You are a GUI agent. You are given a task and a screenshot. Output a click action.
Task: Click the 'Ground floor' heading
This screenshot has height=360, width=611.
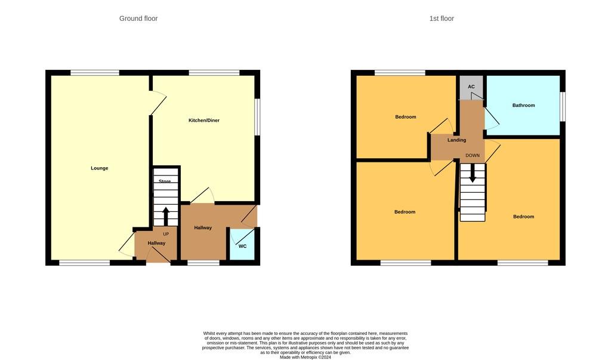[x=138, y=19]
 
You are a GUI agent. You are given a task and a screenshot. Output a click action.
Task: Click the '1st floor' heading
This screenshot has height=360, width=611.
[x=442, y=19]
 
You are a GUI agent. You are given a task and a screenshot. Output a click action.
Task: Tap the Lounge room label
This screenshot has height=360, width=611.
[x=100, y=168]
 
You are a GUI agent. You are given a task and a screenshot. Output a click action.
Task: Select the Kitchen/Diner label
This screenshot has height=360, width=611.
[x=204, y=121]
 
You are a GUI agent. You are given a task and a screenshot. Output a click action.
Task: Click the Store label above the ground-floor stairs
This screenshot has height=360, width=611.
[x=165, y=181]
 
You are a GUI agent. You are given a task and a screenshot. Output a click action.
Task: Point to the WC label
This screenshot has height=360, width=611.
[x=242, y=246]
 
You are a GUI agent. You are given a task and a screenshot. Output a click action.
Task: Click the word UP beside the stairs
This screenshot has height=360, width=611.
[x=166, y=234]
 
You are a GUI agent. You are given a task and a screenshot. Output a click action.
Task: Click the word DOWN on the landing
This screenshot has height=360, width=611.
[x=473, y=156]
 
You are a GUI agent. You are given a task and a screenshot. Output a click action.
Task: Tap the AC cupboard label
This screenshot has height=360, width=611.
[x=471, y=87]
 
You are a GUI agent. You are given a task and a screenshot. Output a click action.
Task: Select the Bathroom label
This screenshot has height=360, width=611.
[x=524, y=106]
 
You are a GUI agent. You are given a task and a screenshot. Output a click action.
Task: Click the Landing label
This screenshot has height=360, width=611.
[x=457, y=140]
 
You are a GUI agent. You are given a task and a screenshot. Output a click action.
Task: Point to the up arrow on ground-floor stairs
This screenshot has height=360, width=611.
[x=166, y=216]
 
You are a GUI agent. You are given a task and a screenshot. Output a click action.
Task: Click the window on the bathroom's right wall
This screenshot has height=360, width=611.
[x=562, y=106]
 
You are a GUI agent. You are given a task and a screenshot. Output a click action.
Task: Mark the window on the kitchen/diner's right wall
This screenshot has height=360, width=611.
[x=257, y=117]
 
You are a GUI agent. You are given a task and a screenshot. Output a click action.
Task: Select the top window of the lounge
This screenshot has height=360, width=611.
[x=94, y=73]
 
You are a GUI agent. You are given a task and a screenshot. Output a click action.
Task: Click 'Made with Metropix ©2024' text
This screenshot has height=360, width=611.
[x=305, y=357]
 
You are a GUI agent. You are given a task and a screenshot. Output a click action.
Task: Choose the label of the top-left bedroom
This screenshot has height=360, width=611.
[x=406, y=117]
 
